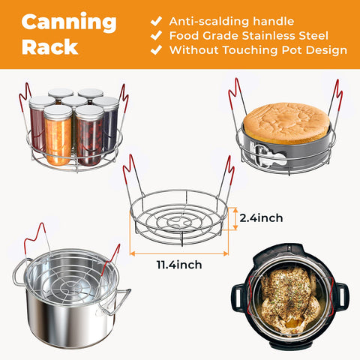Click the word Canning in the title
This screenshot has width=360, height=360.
click(68, 22)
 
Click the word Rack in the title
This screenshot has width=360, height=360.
click(49, 46)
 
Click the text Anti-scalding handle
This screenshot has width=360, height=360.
click(231, 21)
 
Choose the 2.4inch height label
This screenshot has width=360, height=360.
click(262, 218)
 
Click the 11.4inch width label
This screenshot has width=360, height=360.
click(179, 264)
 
